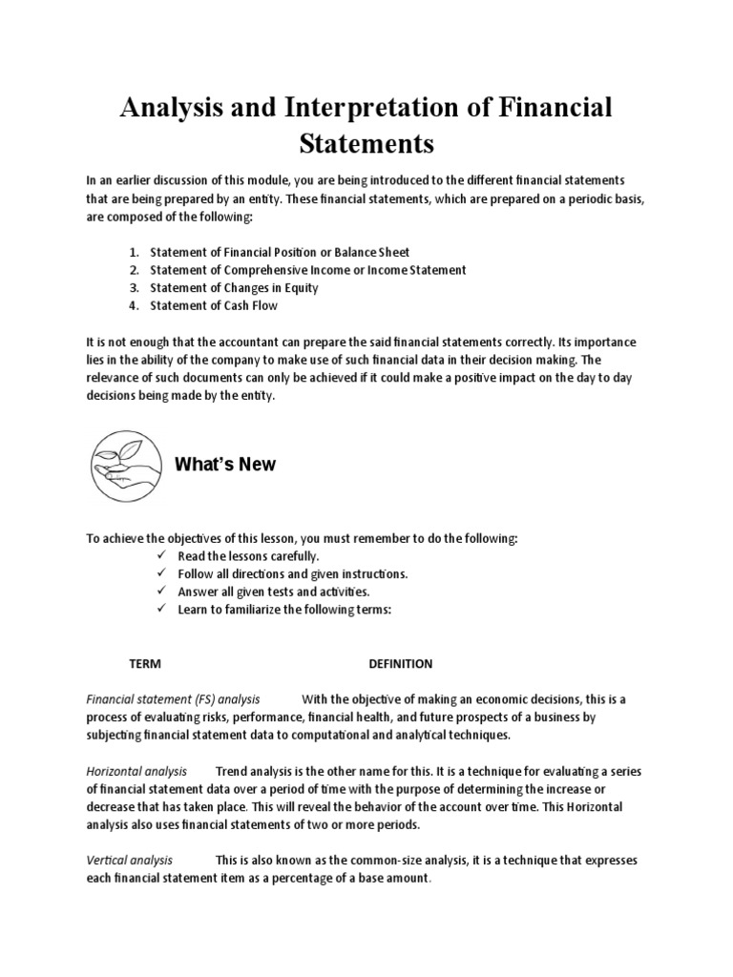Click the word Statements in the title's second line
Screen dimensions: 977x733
click(366, 144)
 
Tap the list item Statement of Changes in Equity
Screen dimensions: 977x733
click(234, 287)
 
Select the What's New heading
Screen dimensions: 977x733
click(225, 465)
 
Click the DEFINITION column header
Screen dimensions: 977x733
click(401, 664)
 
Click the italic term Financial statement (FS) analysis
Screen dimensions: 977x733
click(173, 699)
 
